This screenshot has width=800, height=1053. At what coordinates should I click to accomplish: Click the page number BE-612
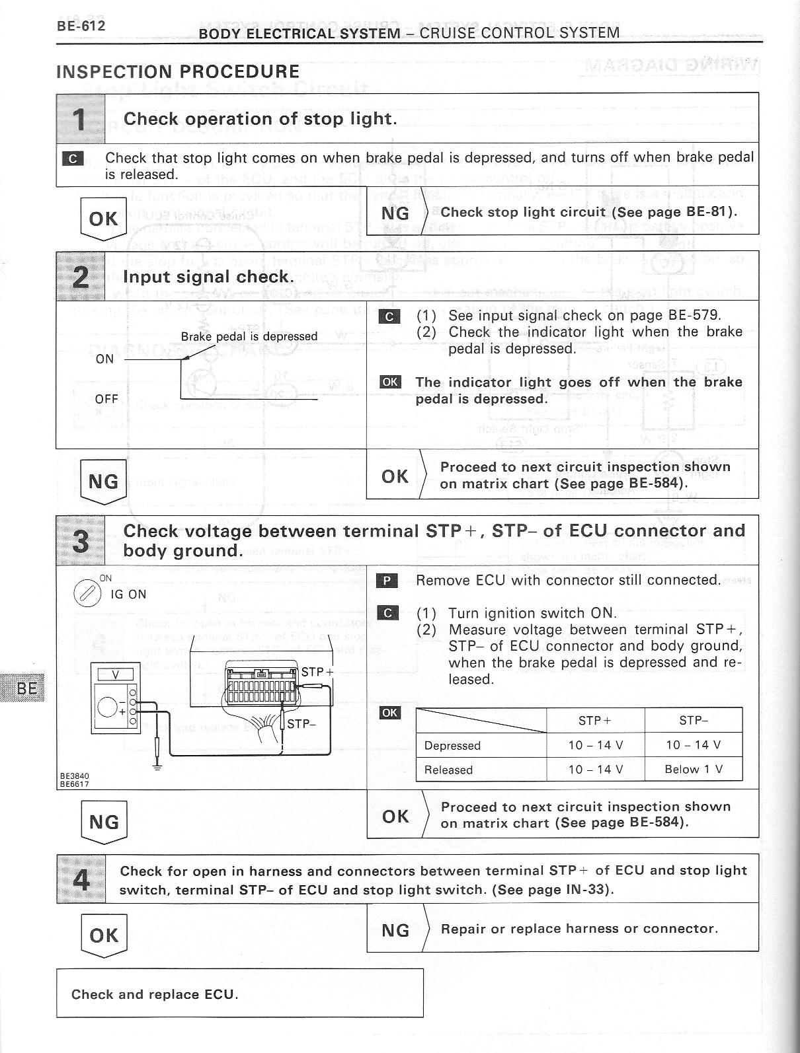[81, 26]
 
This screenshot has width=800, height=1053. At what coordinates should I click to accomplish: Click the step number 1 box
[80, 118]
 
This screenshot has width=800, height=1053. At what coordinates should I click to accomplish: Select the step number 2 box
[80, 276]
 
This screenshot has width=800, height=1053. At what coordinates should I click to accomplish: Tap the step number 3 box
[80, 540]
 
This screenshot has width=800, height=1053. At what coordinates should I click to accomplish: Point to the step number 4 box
[81, 879]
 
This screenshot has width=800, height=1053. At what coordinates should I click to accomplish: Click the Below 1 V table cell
[694, 769]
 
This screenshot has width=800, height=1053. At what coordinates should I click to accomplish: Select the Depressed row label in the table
[452, 746]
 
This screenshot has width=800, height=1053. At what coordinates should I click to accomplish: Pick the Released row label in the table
[448, 770]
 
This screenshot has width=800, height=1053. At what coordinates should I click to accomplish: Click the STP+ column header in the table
[595, 721]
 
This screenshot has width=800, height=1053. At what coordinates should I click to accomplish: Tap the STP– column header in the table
[694, 721]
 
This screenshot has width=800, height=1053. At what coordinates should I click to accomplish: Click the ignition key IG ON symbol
[87, 593]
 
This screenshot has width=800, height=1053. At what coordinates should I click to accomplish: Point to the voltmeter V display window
[116, 674]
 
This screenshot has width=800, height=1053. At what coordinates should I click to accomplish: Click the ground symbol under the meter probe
[157, 766]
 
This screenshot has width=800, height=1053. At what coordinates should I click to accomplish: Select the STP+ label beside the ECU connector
[317, 672]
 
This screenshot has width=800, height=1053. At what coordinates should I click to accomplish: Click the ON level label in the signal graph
[104, 359]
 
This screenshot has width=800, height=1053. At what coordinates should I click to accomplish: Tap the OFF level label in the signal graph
[106, 399]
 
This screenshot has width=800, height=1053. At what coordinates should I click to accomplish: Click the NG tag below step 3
[104, 822]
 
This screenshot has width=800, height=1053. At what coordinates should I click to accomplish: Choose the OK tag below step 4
[104, 935]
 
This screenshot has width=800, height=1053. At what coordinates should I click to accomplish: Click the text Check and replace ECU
[155, 994]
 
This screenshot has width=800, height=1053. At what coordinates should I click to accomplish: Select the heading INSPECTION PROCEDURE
[178, 71]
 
